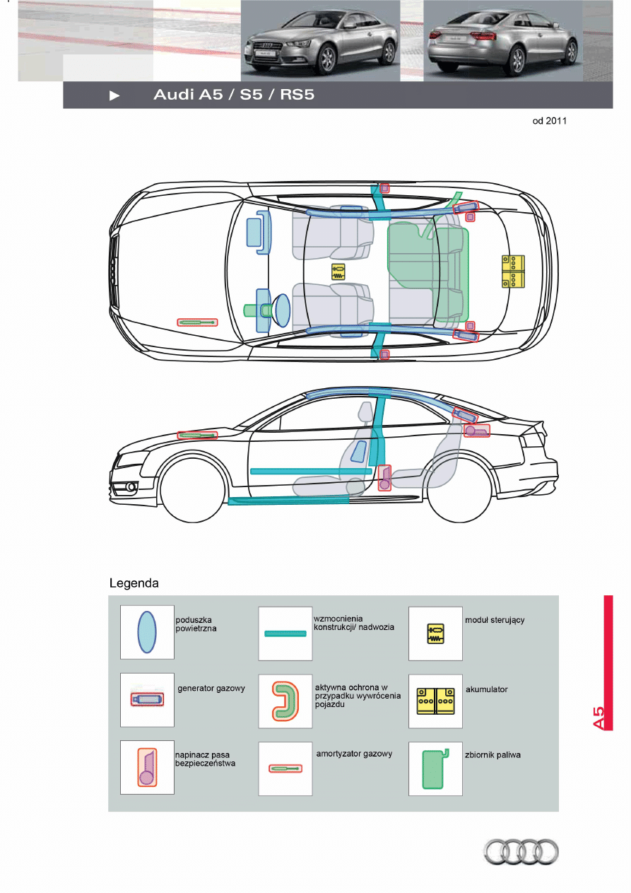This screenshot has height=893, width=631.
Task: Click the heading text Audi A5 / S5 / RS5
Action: point(234,95)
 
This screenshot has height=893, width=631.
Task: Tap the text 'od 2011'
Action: point(549,121)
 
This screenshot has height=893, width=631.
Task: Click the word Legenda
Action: point(134,583)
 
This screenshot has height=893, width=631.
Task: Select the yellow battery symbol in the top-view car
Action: point(514,271)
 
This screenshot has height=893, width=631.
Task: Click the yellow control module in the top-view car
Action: point(338,272)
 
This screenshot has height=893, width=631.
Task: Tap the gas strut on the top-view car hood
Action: point(197,322)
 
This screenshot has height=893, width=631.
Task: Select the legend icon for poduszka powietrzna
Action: point(147,632)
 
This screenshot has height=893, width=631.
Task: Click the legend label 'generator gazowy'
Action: point(211,689)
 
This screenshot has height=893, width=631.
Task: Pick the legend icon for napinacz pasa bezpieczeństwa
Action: point(147,768)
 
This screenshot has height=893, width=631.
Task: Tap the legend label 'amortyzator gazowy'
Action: point(354,754)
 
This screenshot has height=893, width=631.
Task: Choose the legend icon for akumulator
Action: point(435,701)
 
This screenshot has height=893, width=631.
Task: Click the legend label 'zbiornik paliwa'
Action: point(493,755)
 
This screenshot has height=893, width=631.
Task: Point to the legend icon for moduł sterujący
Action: point(435,633)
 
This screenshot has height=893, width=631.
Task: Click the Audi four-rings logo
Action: point(521,851)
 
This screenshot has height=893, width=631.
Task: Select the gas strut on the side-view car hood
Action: point(197,436)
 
